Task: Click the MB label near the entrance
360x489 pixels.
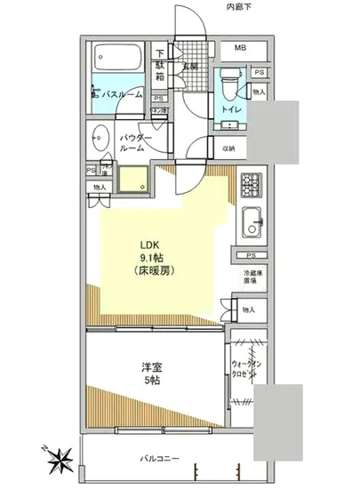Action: tap(240, 48)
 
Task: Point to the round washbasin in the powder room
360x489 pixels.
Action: tap(100, 140)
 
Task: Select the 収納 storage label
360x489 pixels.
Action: tap(229, 148)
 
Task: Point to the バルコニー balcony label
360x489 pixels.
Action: tap(157, 458)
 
